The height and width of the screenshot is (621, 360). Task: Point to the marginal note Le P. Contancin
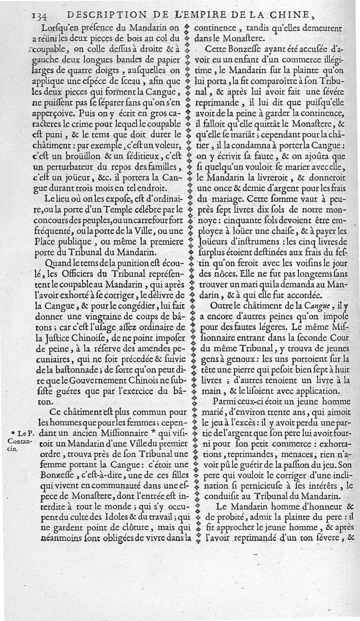[19, 439]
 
